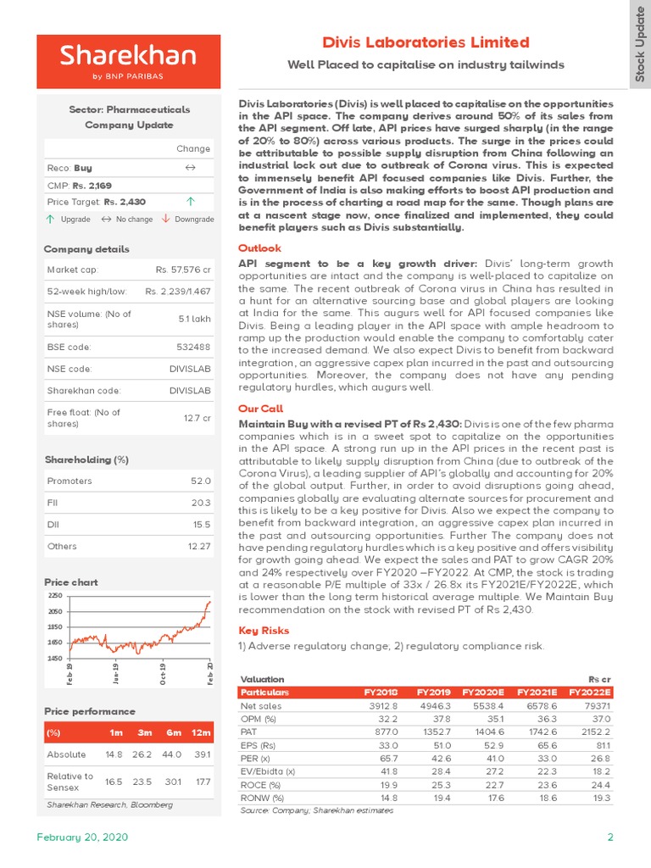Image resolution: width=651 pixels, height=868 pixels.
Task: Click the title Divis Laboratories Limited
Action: tap(426, 42)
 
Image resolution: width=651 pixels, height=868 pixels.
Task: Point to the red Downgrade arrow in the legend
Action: tap(165, 219)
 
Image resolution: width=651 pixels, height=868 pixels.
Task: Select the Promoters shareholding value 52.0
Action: tap(201, 481)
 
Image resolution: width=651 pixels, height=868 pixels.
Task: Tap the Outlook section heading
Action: tap(259, 248)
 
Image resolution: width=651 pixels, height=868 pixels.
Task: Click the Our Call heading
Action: tap(261, 409)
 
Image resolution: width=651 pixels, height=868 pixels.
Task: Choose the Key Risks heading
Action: tap(264, 631)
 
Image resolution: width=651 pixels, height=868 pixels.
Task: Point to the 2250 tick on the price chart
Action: tap(55, 597)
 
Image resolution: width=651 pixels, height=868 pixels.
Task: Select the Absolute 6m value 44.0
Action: tap(172, 754)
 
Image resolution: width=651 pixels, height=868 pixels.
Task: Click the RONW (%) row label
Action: tap(262, 798)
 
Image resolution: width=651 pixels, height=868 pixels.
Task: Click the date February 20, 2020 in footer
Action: tap(82, 837)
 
